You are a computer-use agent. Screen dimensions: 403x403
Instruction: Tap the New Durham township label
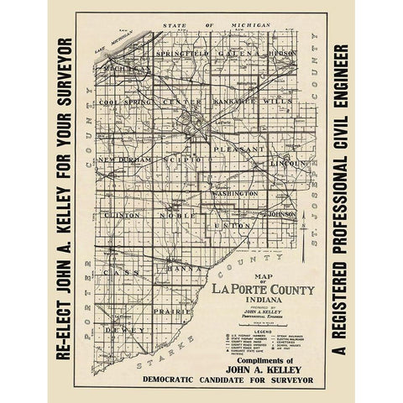(124, 159)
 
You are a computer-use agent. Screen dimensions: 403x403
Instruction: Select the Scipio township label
(182, 159)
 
